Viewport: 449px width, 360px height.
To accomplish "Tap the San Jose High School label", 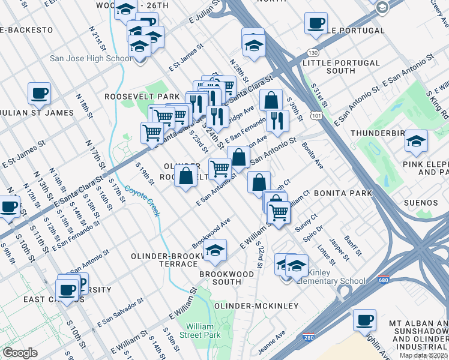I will (x=91, y=58).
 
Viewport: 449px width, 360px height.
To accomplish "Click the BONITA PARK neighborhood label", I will (x=343, y=194).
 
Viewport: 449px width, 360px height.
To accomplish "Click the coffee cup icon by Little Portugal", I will (x=315, y=23).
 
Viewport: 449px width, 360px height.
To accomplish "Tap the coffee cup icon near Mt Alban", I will (x=364, y=320).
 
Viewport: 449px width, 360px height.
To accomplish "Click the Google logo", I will (x=20, y=353).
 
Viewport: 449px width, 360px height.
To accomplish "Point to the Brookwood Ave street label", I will (x=211, y=233).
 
